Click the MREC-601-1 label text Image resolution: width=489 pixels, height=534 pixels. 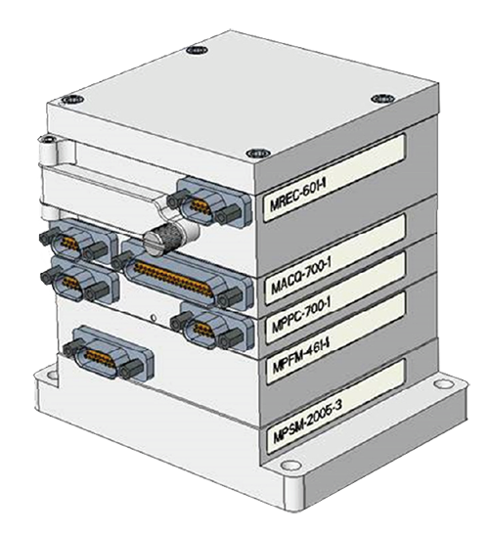(x=298, y=195)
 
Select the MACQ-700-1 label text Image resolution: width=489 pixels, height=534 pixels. (x=300, y=278)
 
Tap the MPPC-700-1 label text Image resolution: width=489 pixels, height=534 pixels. (x=301, y=316)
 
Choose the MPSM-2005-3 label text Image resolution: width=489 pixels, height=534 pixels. (x=307, y=421)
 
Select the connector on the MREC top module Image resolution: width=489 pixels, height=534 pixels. (x=209, y=201)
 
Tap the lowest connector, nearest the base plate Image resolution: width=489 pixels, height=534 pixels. (x=109, y=353)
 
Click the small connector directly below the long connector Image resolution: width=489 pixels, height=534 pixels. (x=212, y=327)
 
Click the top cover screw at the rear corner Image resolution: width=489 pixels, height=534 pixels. (x=198, y=50)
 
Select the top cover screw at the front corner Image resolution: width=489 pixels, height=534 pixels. (x=258, y=154)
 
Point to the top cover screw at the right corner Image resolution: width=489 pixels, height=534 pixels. (x=383, y=99)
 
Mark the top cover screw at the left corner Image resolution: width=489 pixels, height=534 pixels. (x=73, y=100)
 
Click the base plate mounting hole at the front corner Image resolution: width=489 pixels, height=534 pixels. (x=290, y=465)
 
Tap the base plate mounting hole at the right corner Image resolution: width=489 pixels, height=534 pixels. (x=443, y=383)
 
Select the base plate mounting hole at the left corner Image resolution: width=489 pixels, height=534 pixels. (x=52, y=376)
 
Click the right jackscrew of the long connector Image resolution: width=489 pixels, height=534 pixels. (x=232, y=297)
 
